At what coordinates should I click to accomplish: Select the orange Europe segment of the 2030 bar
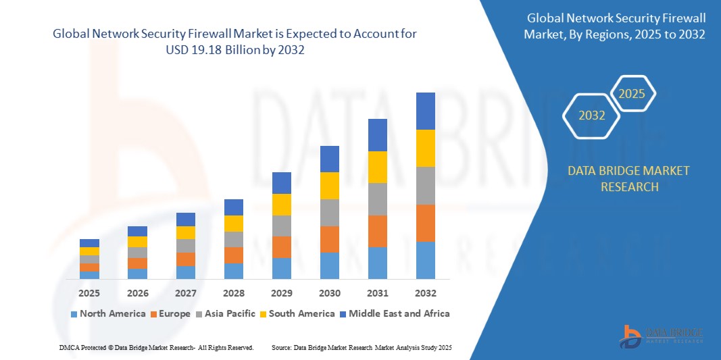[x=329, y=239]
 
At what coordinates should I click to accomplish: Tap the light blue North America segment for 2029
[x=281, y=268]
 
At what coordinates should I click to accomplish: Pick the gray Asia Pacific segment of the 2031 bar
[x=377, y=199]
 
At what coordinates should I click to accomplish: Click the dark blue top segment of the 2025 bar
[x=89, y=243]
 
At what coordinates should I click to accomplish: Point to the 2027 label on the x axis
[x=185, y=293]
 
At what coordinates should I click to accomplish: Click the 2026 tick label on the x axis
[x=137, y=293]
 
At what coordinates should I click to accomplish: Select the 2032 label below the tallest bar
[x=425, y=293]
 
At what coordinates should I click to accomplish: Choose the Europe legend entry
[x=174, y=313]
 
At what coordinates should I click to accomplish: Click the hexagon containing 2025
[x=632, y=94]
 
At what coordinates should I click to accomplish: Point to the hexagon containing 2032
[x=592, y=115]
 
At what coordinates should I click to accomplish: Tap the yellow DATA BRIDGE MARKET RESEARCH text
[x=629, y=178]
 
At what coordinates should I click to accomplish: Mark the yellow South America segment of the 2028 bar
[x=233, y=224]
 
